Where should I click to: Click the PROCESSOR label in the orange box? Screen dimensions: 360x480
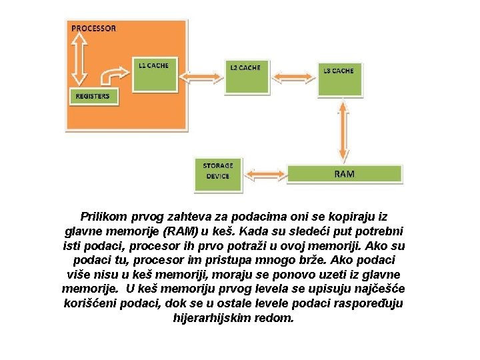[93, 29]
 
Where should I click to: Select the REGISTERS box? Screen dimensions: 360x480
[93, 97]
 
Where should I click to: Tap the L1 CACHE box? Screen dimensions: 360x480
[153, 73]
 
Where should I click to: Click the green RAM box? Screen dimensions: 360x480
[344, 174]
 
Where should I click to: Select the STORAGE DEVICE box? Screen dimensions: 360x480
[218, 171]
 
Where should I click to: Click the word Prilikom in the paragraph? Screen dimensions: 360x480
[102, 217]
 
